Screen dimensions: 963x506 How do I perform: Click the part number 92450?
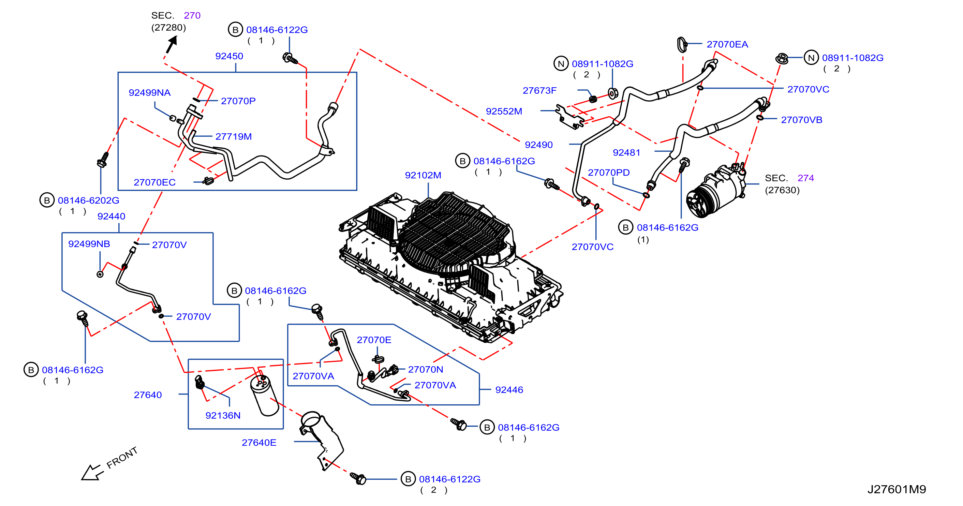tap(229, 56)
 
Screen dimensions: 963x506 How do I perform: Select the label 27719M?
tap(233, 136)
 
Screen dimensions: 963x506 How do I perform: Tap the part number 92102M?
tap(423, 175)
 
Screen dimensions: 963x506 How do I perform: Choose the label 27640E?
tap(259, 443)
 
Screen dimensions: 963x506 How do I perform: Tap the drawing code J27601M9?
tap(897, 489)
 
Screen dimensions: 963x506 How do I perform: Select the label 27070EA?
tap(727, 44)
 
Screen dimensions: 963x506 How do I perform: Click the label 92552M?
tap(504, 111)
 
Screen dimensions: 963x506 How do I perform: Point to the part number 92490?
tap(538, 145)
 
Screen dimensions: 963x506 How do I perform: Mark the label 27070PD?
tap(609, 172)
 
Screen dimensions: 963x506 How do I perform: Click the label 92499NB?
tap(89, 244)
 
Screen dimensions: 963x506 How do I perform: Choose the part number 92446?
tap(509, 390)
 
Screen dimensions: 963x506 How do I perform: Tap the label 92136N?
tap(223, 415)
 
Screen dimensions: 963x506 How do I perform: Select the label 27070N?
tap(426, 369)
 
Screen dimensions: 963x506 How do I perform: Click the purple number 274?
tap(805, 178)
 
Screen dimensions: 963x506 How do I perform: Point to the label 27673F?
tap(539, 90)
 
